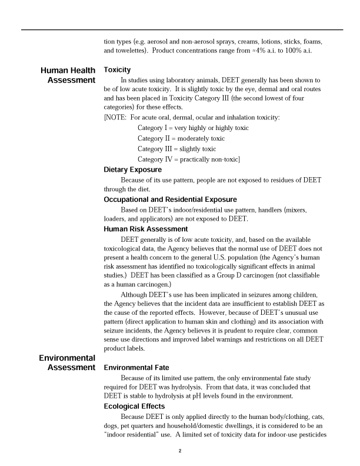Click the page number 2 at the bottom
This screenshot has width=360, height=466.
[x=180, y=451]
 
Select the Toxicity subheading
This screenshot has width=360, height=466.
[x=117, y=70]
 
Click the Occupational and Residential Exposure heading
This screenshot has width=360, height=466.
[x=170, y=199]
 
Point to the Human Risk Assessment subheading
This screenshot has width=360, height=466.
[x=145, y=229]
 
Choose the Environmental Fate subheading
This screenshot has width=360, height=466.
[x=136, y=368]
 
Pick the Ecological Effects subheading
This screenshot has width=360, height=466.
[x=134, y=406]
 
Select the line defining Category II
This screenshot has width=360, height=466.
[x=181, y=138]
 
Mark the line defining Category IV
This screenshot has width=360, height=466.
[x=188, y=159]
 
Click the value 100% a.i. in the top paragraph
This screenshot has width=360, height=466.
[x=297, y=51]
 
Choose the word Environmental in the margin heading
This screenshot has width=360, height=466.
[x=67, y=358]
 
